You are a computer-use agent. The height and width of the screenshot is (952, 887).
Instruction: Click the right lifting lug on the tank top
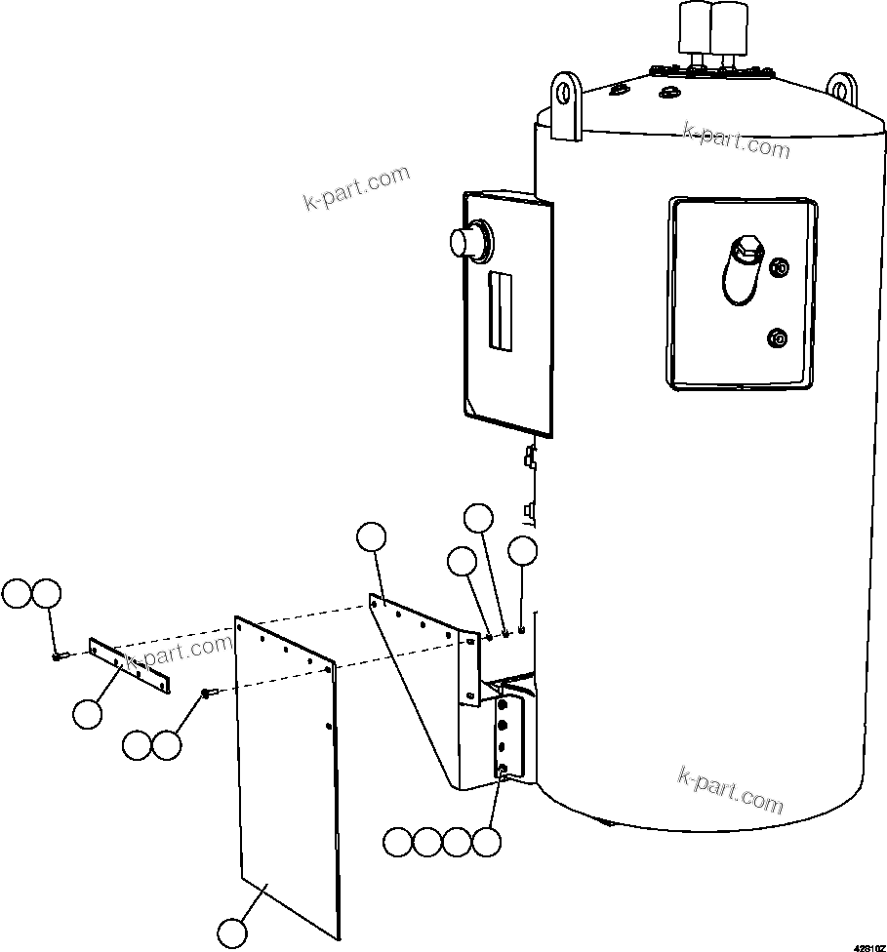tap(842, 92)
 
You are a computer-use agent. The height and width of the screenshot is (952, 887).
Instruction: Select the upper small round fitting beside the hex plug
tap(780, 267)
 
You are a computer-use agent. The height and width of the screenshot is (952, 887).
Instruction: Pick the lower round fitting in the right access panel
tap(779, 338)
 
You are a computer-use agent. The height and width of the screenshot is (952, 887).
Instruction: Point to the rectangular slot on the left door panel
tap(501, 310)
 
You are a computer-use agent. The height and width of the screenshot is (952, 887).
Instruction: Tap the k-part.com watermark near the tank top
tap(737, 140)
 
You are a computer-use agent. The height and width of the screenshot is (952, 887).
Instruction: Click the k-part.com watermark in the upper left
tap(357, 188)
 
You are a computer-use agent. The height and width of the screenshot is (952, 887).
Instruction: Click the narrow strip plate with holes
tap(130, 666)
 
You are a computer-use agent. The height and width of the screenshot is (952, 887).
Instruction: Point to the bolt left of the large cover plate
tap(207, 693)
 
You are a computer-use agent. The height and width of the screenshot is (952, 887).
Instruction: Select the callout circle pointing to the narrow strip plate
tap(88, 714)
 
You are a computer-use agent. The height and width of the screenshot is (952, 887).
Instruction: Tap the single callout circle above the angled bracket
tap(371, 537)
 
